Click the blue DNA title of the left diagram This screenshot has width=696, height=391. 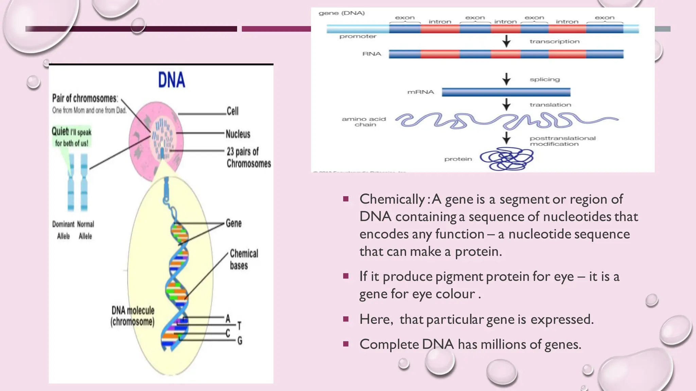[172, 80]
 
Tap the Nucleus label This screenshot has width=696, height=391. [238, 134]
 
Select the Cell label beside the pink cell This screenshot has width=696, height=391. [233, 111]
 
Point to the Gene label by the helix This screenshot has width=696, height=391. [234, 223]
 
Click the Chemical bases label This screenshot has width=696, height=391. [244, 259]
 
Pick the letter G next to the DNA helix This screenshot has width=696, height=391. [240, 340]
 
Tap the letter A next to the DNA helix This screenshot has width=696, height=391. [228, 319]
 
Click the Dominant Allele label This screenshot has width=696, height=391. [63, 230]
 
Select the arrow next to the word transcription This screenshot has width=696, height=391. [506, 41]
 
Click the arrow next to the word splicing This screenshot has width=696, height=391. [506, 79]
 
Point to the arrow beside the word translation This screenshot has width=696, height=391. [506, 104]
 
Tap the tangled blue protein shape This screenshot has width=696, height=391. [506, 159]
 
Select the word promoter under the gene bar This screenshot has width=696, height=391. [358, 36]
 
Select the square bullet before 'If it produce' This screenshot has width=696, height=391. [346, 276]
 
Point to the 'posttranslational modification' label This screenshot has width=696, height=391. [562, 141]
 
